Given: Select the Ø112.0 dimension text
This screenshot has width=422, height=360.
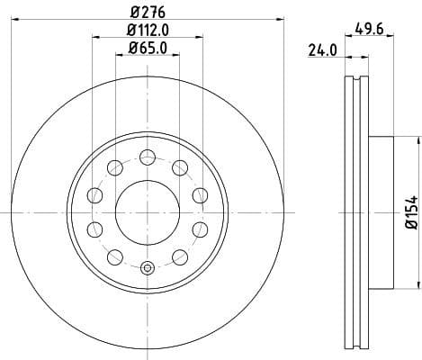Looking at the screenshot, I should click(x=147, y=30).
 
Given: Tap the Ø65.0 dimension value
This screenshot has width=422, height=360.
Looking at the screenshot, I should click(x=147, y=48).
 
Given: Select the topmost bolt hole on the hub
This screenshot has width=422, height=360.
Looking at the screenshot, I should click(x=147, y=155).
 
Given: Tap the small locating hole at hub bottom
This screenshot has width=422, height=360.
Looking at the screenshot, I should click(x=147, y=266).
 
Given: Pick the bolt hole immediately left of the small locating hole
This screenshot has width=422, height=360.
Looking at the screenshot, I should click(x=114, y=256).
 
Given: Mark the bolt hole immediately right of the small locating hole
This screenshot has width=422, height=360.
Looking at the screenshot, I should click(x=179, y=256).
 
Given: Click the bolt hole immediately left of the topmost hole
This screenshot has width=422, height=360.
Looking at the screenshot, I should click(x=114, y=166).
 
